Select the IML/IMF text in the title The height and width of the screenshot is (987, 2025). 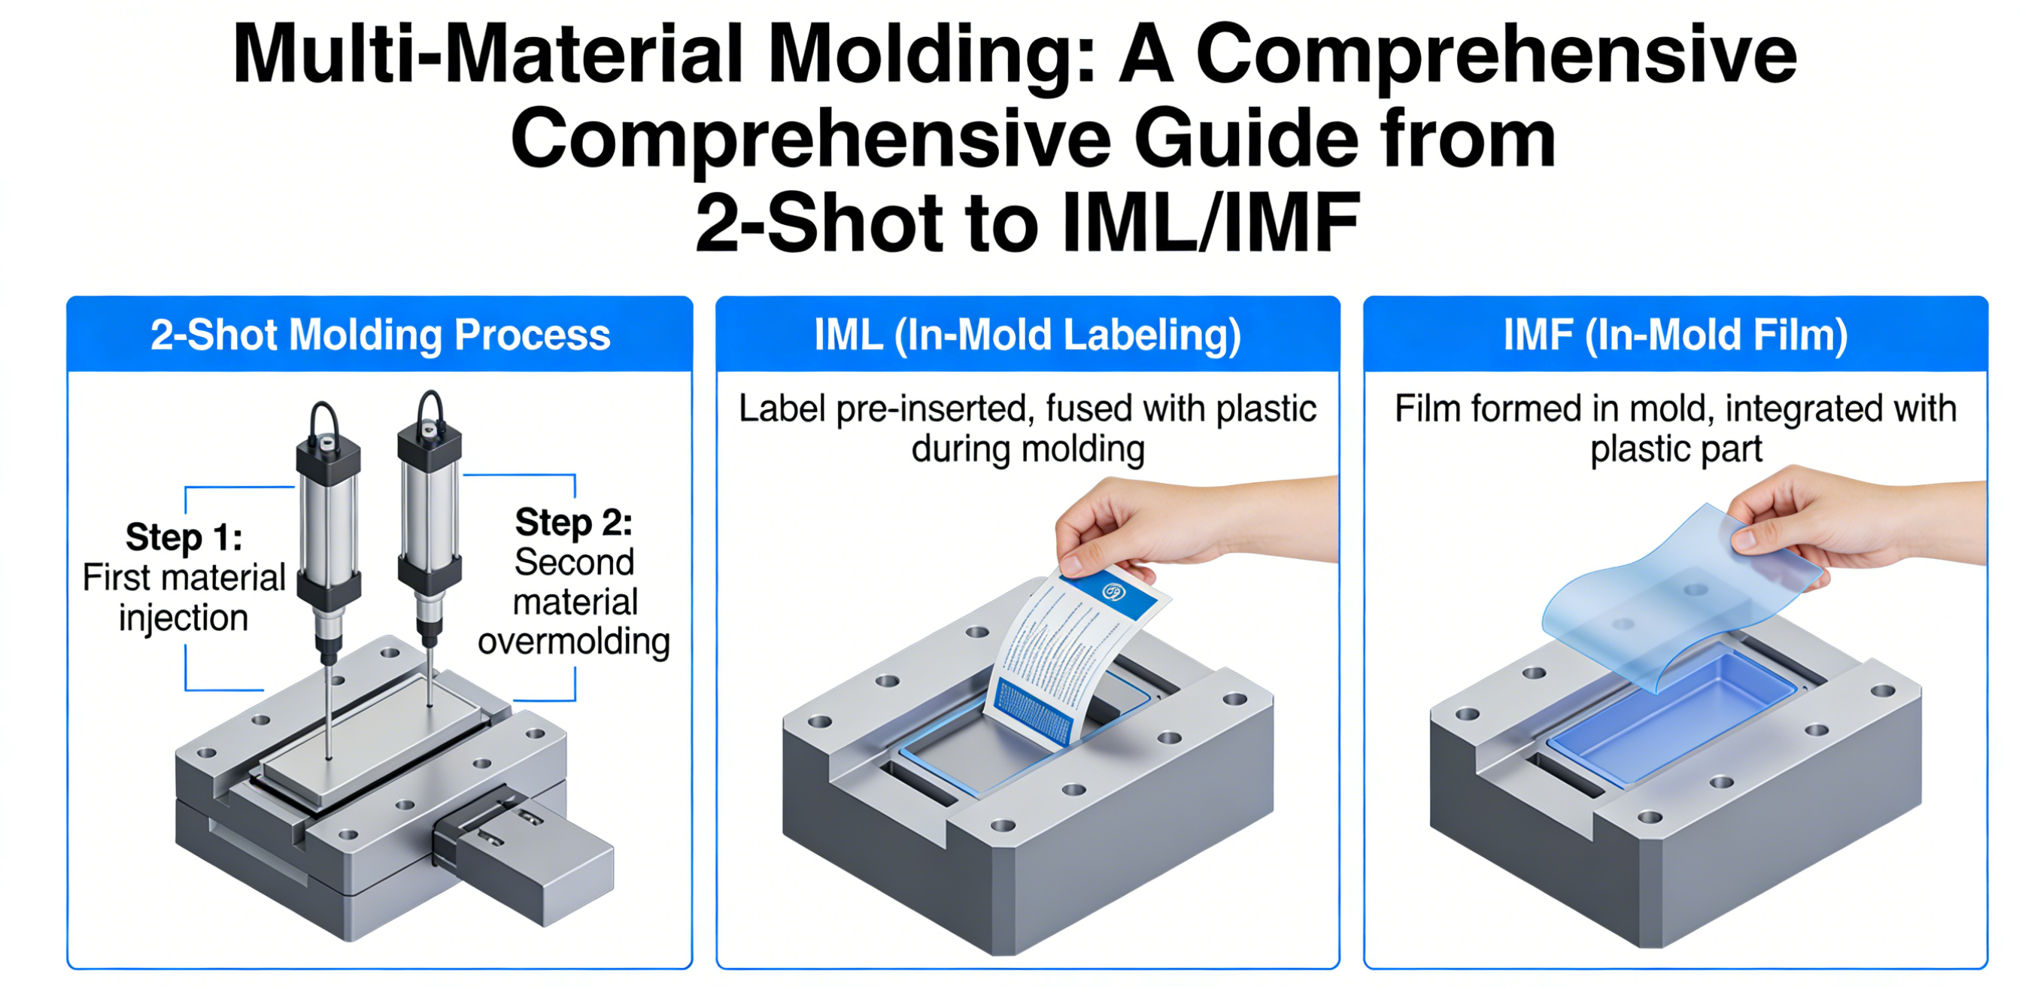point(1210,223)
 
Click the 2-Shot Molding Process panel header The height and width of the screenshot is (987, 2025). point(380,335)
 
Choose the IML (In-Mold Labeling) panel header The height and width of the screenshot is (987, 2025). point(1028,335)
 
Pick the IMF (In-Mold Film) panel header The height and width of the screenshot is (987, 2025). point(1675,335)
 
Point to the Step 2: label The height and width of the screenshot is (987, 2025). point(574,522)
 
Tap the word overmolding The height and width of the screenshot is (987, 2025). point(574,642)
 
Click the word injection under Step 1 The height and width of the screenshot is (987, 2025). point(183,618)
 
